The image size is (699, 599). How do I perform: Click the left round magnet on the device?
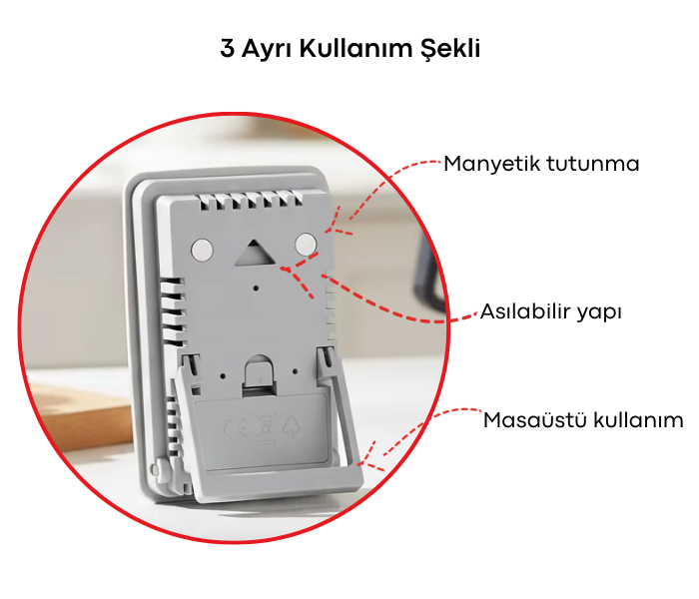202,246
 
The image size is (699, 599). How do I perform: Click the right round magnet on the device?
307,243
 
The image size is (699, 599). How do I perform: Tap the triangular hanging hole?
253,251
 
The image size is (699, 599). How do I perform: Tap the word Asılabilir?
525,312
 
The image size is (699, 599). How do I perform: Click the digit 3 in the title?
227,49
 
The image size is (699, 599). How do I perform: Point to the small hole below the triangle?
258,287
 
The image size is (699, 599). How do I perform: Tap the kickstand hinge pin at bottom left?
161,466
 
